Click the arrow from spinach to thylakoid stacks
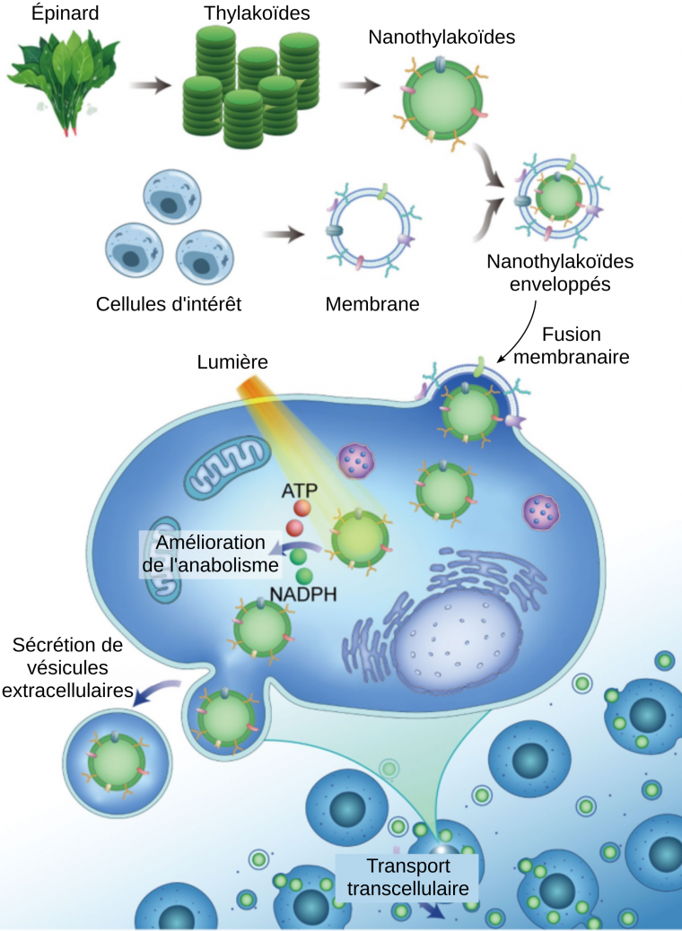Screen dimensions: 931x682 click(x=149, y=87)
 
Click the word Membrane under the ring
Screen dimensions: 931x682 click(x=372, y=303)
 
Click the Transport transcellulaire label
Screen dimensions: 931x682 click(x=408, y=877)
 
